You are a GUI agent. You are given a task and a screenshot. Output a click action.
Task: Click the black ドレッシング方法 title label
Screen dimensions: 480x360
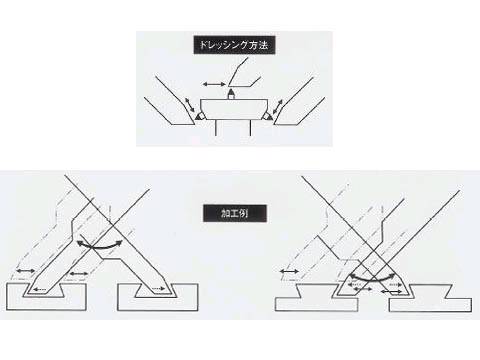point(234,45)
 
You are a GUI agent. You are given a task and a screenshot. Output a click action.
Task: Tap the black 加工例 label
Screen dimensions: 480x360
point(235,213)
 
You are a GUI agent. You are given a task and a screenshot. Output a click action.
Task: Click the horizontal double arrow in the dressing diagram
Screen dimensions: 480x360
point(214,85)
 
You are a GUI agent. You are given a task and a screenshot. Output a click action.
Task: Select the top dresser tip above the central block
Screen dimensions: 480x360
point(231,94)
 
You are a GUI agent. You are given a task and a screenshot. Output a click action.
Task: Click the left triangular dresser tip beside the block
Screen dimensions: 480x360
point(200,116)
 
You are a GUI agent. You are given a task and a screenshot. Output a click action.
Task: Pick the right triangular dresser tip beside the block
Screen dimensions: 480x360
point(268,116)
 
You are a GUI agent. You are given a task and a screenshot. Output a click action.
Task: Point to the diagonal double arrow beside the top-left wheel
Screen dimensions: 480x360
point(191,105)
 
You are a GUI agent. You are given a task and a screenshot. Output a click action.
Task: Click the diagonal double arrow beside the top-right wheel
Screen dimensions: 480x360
point(277,107)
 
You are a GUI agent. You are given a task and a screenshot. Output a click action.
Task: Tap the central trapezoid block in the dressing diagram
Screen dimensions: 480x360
point(234,110)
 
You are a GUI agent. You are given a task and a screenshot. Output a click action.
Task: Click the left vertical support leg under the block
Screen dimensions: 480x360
point(216,128)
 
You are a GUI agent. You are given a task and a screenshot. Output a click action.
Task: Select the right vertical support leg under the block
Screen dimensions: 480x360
point(250,128)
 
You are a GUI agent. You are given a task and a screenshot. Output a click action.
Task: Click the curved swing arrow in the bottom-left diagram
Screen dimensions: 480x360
point(99,246)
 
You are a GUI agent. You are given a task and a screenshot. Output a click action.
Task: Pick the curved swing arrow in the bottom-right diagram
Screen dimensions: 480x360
point(372,279)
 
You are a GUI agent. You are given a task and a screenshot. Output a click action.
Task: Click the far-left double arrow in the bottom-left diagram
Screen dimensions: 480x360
point(26,271)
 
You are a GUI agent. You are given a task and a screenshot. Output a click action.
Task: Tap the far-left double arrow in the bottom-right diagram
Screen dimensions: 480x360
point(289,272)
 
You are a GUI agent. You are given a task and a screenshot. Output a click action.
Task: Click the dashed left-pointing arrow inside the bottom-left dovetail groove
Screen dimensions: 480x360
point(40,289)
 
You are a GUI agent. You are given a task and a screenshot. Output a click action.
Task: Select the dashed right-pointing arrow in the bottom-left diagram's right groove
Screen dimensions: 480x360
point(158,289)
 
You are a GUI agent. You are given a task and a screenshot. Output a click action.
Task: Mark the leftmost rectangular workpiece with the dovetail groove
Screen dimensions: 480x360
point(46,297)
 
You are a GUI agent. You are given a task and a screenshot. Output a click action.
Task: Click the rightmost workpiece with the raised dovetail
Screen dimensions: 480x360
point(430,298)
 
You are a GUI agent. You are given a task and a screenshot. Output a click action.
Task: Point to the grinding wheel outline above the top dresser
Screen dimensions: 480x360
point(243,73)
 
